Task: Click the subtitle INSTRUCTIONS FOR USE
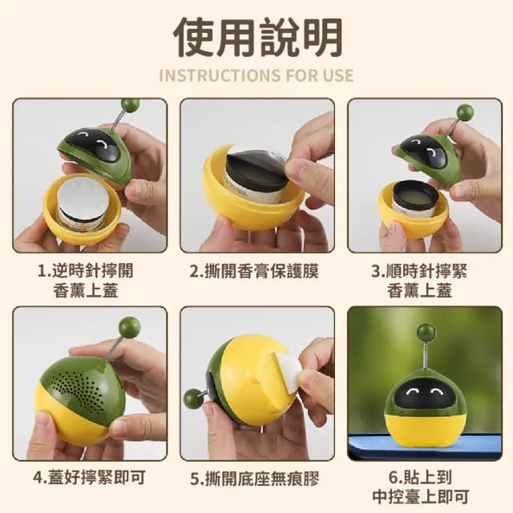[x=256, y=76]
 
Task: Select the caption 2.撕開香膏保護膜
[x=255, y=271]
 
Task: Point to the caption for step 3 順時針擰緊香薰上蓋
[x=422, y=281]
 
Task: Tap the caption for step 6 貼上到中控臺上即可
[x=422, y=487]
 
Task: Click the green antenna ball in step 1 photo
[x=130, y=105]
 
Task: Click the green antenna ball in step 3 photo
[x=464, y=112]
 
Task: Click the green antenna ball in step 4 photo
[x=128, y=326]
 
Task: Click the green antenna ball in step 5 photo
[x=192, y=398]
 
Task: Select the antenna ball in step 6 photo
[x=426, y=333]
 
